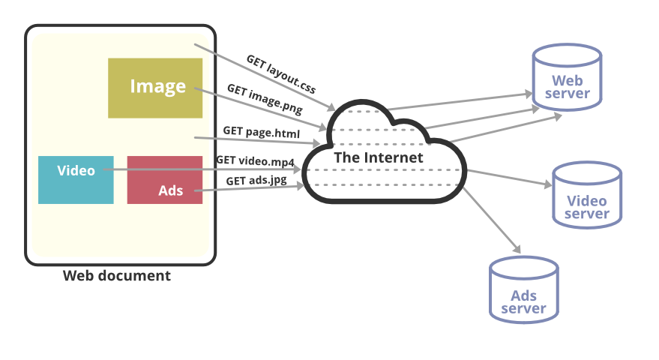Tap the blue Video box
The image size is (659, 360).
pos(76,180)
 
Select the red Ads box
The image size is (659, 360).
pos(165,180)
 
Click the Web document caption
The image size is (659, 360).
pos(116,275)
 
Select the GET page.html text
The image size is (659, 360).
pos(261,132)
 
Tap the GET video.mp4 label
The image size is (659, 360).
pos(256,160)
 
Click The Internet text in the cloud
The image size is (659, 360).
pos(378,157)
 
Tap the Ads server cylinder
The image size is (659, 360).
pos(523,290)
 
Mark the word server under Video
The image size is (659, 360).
pos(587,214)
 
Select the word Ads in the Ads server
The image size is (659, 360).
pos(524,295)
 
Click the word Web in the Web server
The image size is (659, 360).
pos(567,80)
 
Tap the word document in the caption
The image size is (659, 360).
pos(136,275)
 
